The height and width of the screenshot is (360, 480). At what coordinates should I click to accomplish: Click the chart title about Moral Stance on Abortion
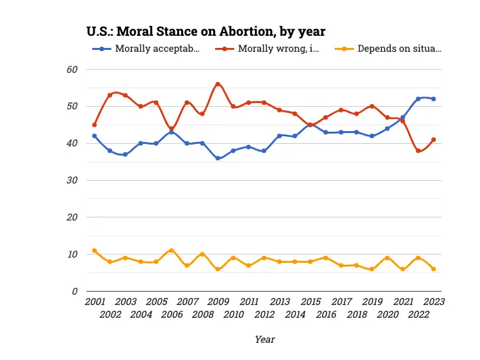[206, 31]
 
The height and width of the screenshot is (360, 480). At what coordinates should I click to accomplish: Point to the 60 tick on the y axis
[72, 69]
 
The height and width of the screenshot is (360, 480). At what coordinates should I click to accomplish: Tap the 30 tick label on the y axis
[72, 180]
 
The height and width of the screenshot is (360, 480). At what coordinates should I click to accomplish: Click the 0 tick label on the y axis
[75, 292]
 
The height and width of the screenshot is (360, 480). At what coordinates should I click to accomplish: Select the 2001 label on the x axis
[95, 301]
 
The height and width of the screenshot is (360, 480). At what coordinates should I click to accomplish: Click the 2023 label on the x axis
[433, 301]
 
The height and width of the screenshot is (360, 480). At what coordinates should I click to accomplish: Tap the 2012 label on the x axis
[264, 315]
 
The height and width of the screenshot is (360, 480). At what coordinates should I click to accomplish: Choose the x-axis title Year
[264, 340]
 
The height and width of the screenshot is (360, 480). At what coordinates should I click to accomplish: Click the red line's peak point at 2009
[218, 84]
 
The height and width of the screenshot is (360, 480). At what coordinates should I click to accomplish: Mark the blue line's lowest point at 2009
[218, 158]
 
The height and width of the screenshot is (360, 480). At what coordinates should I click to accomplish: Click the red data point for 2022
[418, 151]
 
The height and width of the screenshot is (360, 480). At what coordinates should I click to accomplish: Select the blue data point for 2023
[433, 98]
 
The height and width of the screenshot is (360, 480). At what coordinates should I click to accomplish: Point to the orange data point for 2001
[95, 251]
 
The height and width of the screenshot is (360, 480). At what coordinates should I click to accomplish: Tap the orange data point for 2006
[172, 251]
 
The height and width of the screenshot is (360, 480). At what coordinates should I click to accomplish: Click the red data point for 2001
[95, 125]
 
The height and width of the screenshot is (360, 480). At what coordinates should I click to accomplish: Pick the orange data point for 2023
[433, 269]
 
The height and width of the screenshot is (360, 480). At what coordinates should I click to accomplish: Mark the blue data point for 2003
[125, 154]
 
